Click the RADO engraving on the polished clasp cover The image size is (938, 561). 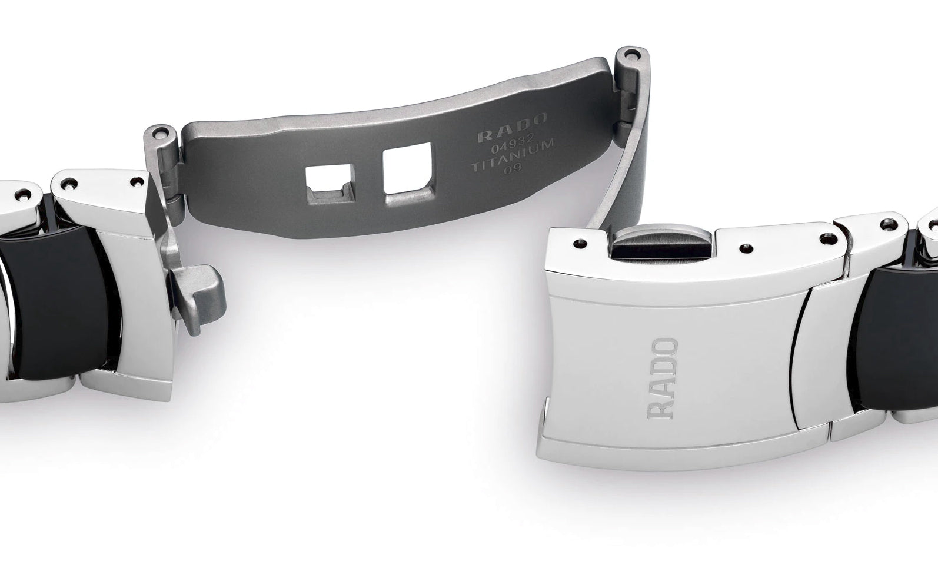663,379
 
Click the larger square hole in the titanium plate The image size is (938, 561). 407,169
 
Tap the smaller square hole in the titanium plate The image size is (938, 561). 330,184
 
